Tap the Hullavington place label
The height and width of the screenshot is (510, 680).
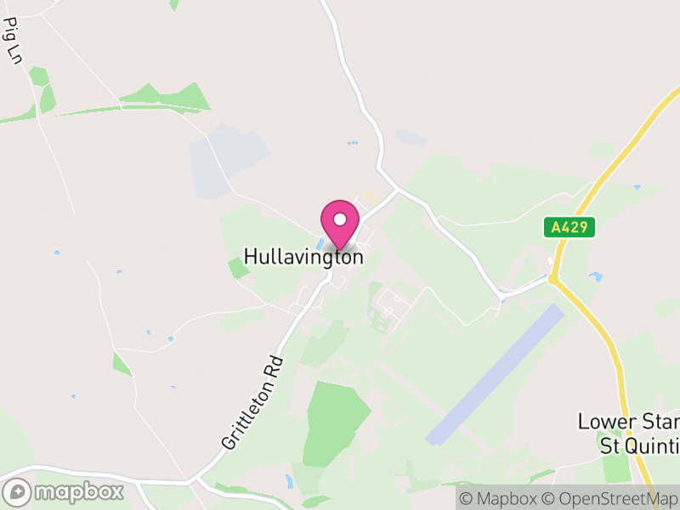303,257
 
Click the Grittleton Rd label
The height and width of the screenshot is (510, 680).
252,402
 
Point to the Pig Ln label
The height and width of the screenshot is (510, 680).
13,44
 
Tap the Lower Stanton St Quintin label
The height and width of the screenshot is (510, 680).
629,433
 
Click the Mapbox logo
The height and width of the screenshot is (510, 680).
65,491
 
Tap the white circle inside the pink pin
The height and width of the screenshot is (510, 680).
340,219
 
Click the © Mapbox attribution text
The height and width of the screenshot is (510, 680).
500,499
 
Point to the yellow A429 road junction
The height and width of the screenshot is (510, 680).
553,278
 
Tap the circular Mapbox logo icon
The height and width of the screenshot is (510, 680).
17,492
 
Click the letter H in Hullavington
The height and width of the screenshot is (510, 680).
251,256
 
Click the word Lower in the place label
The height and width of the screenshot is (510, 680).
600,422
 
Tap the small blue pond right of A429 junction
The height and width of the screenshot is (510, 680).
596,276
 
